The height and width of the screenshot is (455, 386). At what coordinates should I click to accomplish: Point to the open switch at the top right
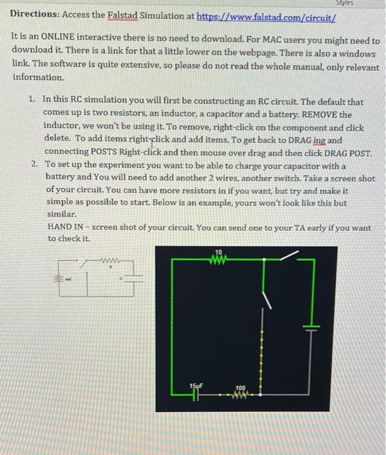pos(286,255)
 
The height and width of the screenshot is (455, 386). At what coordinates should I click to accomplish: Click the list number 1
pos(33,102)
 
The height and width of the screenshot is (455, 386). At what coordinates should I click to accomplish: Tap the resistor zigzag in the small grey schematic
pos(107,262)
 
